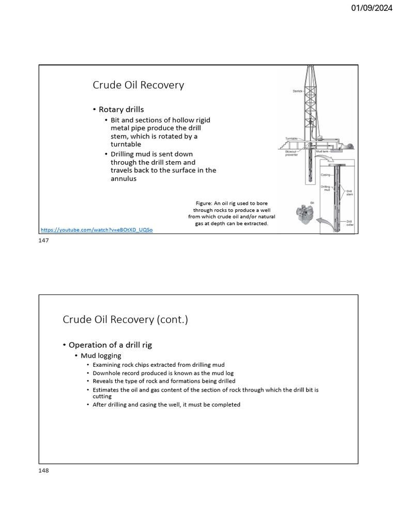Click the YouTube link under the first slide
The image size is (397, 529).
tap(97, 229)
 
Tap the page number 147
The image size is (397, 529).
tap(43, 241)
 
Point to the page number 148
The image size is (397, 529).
tap(43, 471)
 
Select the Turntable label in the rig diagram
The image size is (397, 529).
tap(292, 138)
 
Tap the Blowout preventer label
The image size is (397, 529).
tap(292, 153)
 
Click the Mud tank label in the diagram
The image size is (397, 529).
tap(323, 151)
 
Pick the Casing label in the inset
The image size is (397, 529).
tap(326, 175)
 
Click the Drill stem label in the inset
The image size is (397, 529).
tap(349, 193)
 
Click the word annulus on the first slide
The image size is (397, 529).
tap(124, 179)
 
